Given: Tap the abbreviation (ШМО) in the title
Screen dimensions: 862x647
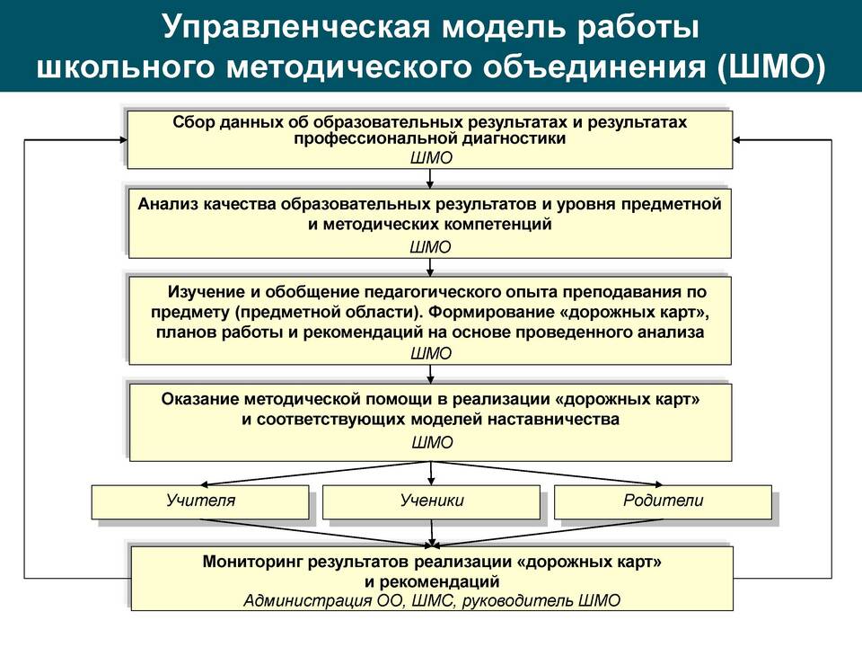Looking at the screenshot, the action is pyautogui.click(x=771, y=67).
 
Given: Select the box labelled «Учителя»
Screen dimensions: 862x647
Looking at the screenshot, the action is pyautogui.click(x=200, y=501).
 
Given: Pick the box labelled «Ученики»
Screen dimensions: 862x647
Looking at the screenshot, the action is pyautogui.click(x=432, y=501).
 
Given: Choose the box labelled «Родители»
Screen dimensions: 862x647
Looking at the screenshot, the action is pyautogui.click(x=663, y=501).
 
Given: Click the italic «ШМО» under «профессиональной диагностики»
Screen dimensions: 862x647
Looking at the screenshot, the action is pyautogui.click(x=431, y=158).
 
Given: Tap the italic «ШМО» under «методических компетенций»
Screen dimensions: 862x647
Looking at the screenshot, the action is pyautogui.click(x=430, y=247).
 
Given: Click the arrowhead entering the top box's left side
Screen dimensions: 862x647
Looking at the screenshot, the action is pyautogui.click(x=123, y=140).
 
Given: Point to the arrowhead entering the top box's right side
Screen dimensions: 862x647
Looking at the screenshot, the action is pyautogui.click(x=737, y=140).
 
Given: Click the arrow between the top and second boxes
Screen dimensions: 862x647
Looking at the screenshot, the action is pyautogui.click(x=430, y=178).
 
